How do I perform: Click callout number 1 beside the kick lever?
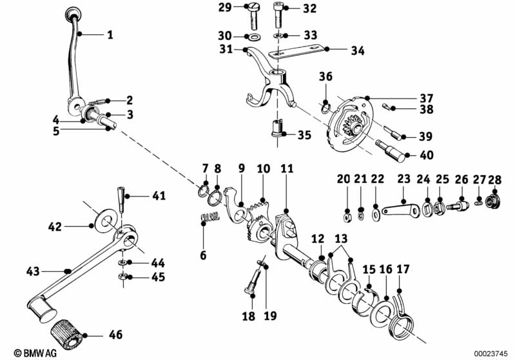pos(110,35)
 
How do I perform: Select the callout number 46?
pos(115,335)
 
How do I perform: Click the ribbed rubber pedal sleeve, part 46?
pos(66,335)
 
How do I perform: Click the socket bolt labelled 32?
pos(278,11)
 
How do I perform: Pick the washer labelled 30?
pos(251,36)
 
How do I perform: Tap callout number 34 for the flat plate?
pos(357,50)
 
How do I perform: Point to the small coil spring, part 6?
pos(209,219)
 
